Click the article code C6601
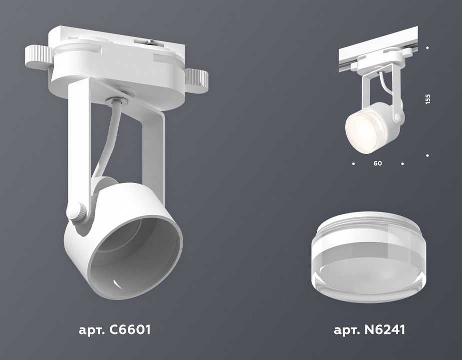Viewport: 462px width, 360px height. coord(114,330)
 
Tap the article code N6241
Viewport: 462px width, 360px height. coord(369,330)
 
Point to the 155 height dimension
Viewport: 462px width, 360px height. coord(428,99)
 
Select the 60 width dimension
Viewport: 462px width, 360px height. coord(378,163)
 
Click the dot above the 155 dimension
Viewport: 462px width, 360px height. coord(428,48)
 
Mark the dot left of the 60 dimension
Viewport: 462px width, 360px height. coord(354,163)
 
